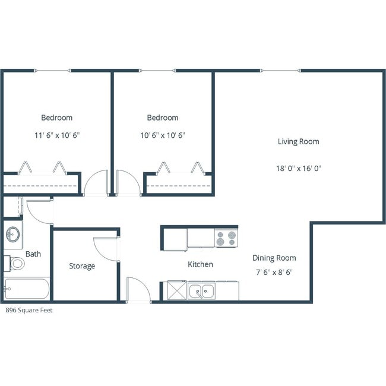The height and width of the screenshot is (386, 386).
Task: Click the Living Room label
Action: tap(298, 141)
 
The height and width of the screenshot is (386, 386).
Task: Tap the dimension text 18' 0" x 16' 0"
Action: tap(298, 168)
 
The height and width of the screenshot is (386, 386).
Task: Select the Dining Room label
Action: tap(274, 258)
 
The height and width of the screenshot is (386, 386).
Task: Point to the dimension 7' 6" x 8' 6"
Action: tap(273, 272)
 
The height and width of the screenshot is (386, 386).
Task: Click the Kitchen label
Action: tap(200, 264)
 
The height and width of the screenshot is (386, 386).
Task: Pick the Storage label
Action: tap(82, 266)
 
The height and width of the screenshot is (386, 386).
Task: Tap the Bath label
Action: tap(33, 254)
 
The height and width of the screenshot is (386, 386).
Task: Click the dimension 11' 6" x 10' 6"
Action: tap(57, 135)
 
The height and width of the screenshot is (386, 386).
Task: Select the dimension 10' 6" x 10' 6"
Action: tap(163, 135)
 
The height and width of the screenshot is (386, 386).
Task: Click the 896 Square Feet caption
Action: tap(29, 310)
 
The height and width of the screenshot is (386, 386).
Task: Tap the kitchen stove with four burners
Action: tap(226, 238)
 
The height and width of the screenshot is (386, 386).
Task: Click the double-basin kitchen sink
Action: tap(202, 291)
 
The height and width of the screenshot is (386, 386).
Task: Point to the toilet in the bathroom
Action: tap(15, 262)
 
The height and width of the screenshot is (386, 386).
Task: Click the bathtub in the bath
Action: tap(27, 290)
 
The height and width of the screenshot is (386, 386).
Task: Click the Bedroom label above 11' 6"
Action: tap(57, 118)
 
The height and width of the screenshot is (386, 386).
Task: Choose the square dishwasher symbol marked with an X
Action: tap(177, 291)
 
